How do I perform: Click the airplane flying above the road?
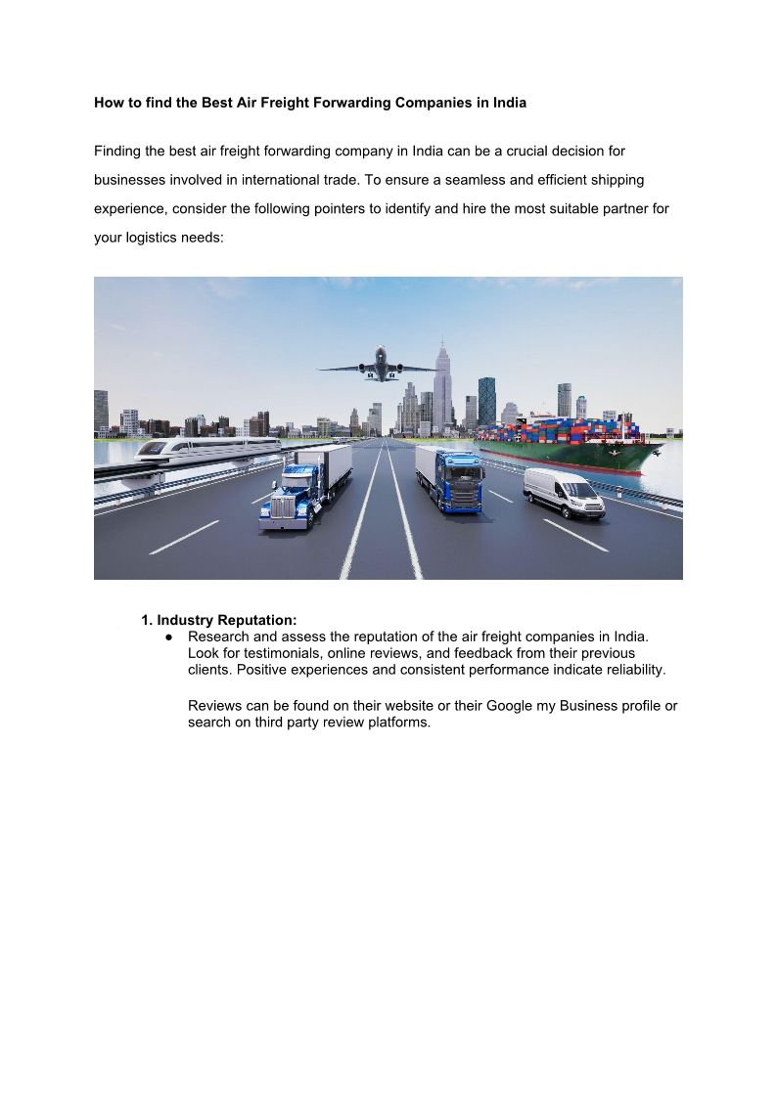pyautogui.click(x=377, y=364)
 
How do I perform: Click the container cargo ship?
pyautogui.click(x=577, y=445)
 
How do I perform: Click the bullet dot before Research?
pyautogui.click(x=169, y=637)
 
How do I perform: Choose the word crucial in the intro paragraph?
pyautogui.click(x=529, y=152)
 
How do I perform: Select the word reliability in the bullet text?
pyautogui.click(x=629, y=670)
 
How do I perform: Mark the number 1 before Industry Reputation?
pyautogui.click(x=145, y=620)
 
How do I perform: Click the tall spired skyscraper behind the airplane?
pyautogui.click(x=442, y=386)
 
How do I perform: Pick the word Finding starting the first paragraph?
pyautogui.click(x=118, y=152)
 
